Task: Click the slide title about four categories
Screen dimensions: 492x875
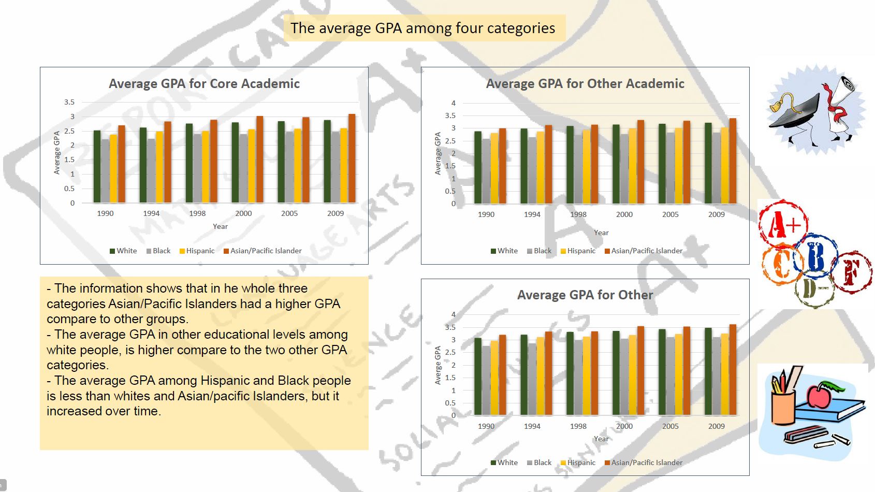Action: click(x=422, y=28)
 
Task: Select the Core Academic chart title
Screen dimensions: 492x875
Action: click(x=204, y=84)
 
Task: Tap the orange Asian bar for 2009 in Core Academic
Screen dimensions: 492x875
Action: click(x=352, y=158)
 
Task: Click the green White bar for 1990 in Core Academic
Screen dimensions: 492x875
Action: click(x=97, y=167)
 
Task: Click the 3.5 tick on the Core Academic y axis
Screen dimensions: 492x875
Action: click(x=69, y=102)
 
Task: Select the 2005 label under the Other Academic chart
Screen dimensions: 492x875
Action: click(x=670, y=214)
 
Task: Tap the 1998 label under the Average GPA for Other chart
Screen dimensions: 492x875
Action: click(x=578, y=426)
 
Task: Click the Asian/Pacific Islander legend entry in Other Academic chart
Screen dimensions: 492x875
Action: click(x=646, y=251)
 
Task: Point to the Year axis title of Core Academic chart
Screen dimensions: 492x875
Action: click(x=220, y=226)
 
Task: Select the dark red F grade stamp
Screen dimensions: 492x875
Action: click(x=851, y=271)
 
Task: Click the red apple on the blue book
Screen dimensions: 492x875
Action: click(x=818, y=396)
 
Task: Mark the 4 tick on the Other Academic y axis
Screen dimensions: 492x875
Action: click(x=453, y=103)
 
